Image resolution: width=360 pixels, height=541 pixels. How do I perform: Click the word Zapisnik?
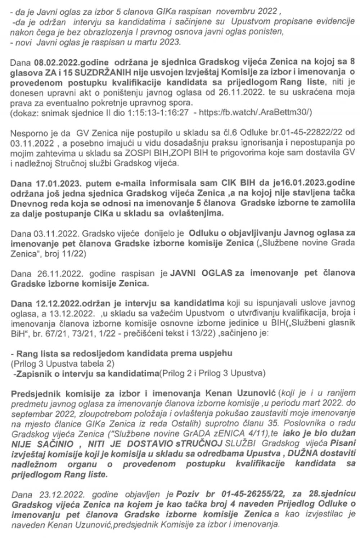point(31,373)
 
